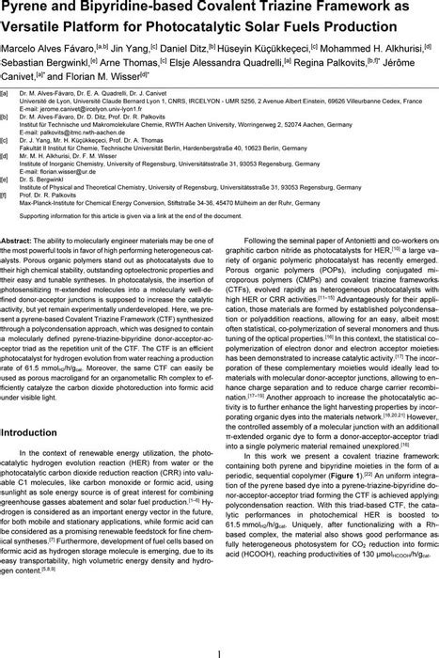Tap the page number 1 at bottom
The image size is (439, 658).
point(219,648)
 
